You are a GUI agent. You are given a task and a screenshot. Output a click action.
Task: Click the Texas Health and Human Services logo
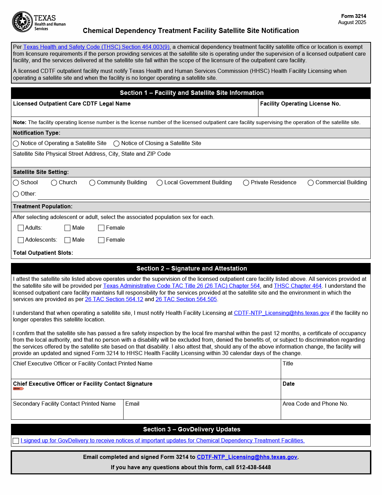coord(38,22)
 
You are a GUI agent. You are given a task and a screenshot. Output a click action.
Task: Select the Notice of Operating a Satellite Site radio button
coord(16,144)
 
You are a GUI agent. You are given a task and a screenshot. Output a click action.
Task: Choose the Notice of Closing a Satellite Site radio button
coord(116,144)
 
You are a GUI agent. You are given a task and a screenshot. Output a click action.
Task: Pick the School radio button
coord(16,183)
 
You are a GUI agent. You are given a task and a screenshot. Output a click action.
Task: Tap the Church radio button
coord(54,183)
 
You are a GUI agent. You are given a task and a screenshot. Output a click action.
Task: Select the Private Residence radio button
coord(246,183)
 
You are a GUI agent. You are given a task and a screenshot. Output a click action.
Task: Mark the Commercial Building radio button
coord(311,183)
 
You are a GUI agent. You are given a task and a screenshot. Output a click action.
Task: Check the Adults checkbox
coord(21,228)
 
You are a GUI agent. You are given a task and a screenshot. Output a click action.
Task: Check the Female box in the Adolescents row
coord(101,240)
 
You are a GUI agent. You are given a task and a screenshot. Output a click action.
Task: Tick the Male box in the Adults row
coord(68,228)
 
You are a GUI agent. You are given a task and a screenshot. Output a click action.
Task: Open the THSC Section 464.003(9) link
coord(96,47)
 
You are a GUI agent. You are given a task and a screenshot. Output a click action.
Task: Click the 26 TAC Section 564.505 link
coord(186,299)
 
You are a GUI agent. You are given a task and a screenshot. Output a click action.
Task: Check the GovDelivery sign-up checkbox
coord(16,441)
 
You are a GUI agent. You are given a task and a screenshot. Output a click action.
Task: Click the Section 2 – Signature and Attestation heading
coord(192,268)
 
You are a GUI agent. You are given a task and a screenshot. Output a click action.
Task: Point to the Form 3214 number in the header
coord(354,16)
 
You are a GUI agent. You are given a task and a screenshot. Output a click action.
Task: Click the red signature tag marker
coord(18,389)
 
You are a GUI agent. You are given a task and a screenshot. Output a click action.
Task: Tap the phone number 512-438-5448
coord(253,467)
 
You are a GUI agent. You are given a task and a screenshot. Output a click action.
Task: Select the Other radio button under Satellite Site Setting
coord(16,194)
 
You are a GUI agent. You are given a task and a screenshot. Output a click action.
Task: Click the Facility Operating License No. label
coord(300,104)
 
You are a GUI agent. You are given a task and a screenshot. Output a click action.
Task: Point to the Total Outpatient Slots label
coord(43,253)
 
